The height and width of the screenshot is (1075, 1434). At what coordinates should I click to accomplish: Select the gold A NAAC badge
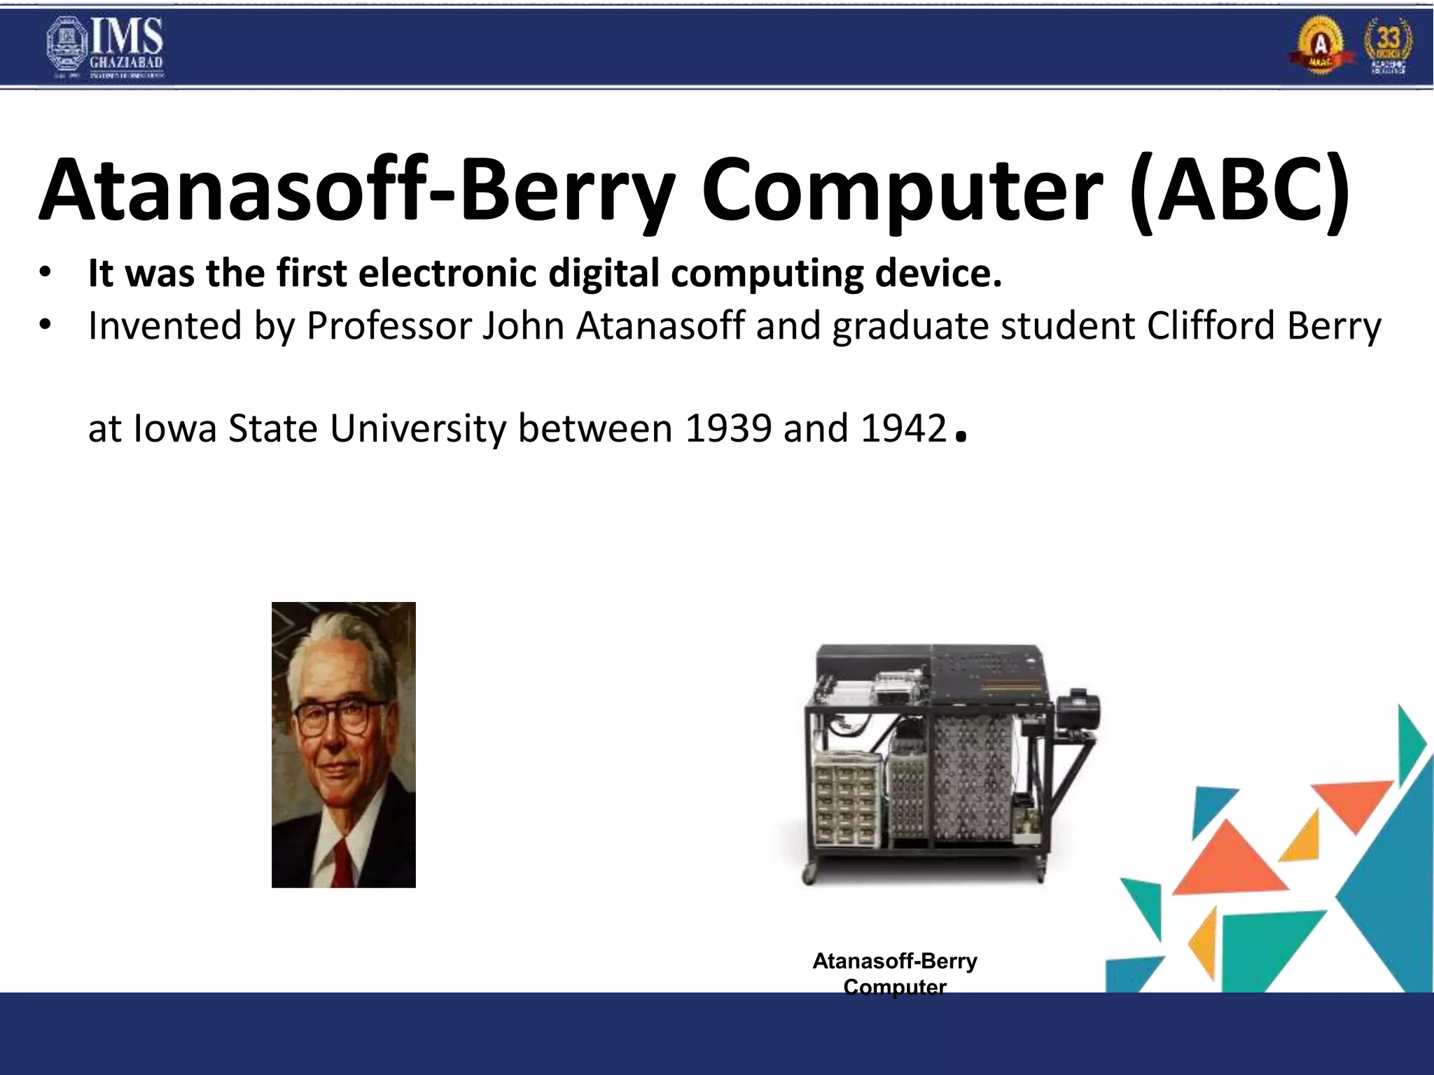point(1321,46)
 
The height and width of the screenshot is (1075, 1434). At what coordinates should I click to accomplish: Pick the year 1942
point(903,428)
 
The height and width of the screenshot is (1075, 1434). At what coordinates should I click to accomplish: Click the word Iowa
point(175,428)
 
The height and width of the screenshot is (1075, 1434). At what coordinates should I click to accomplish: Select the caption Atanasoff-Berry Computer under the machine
point(894,973)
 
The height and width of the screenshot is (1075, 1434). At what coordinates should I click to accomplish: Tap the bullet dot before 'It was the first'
point(46,274)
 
